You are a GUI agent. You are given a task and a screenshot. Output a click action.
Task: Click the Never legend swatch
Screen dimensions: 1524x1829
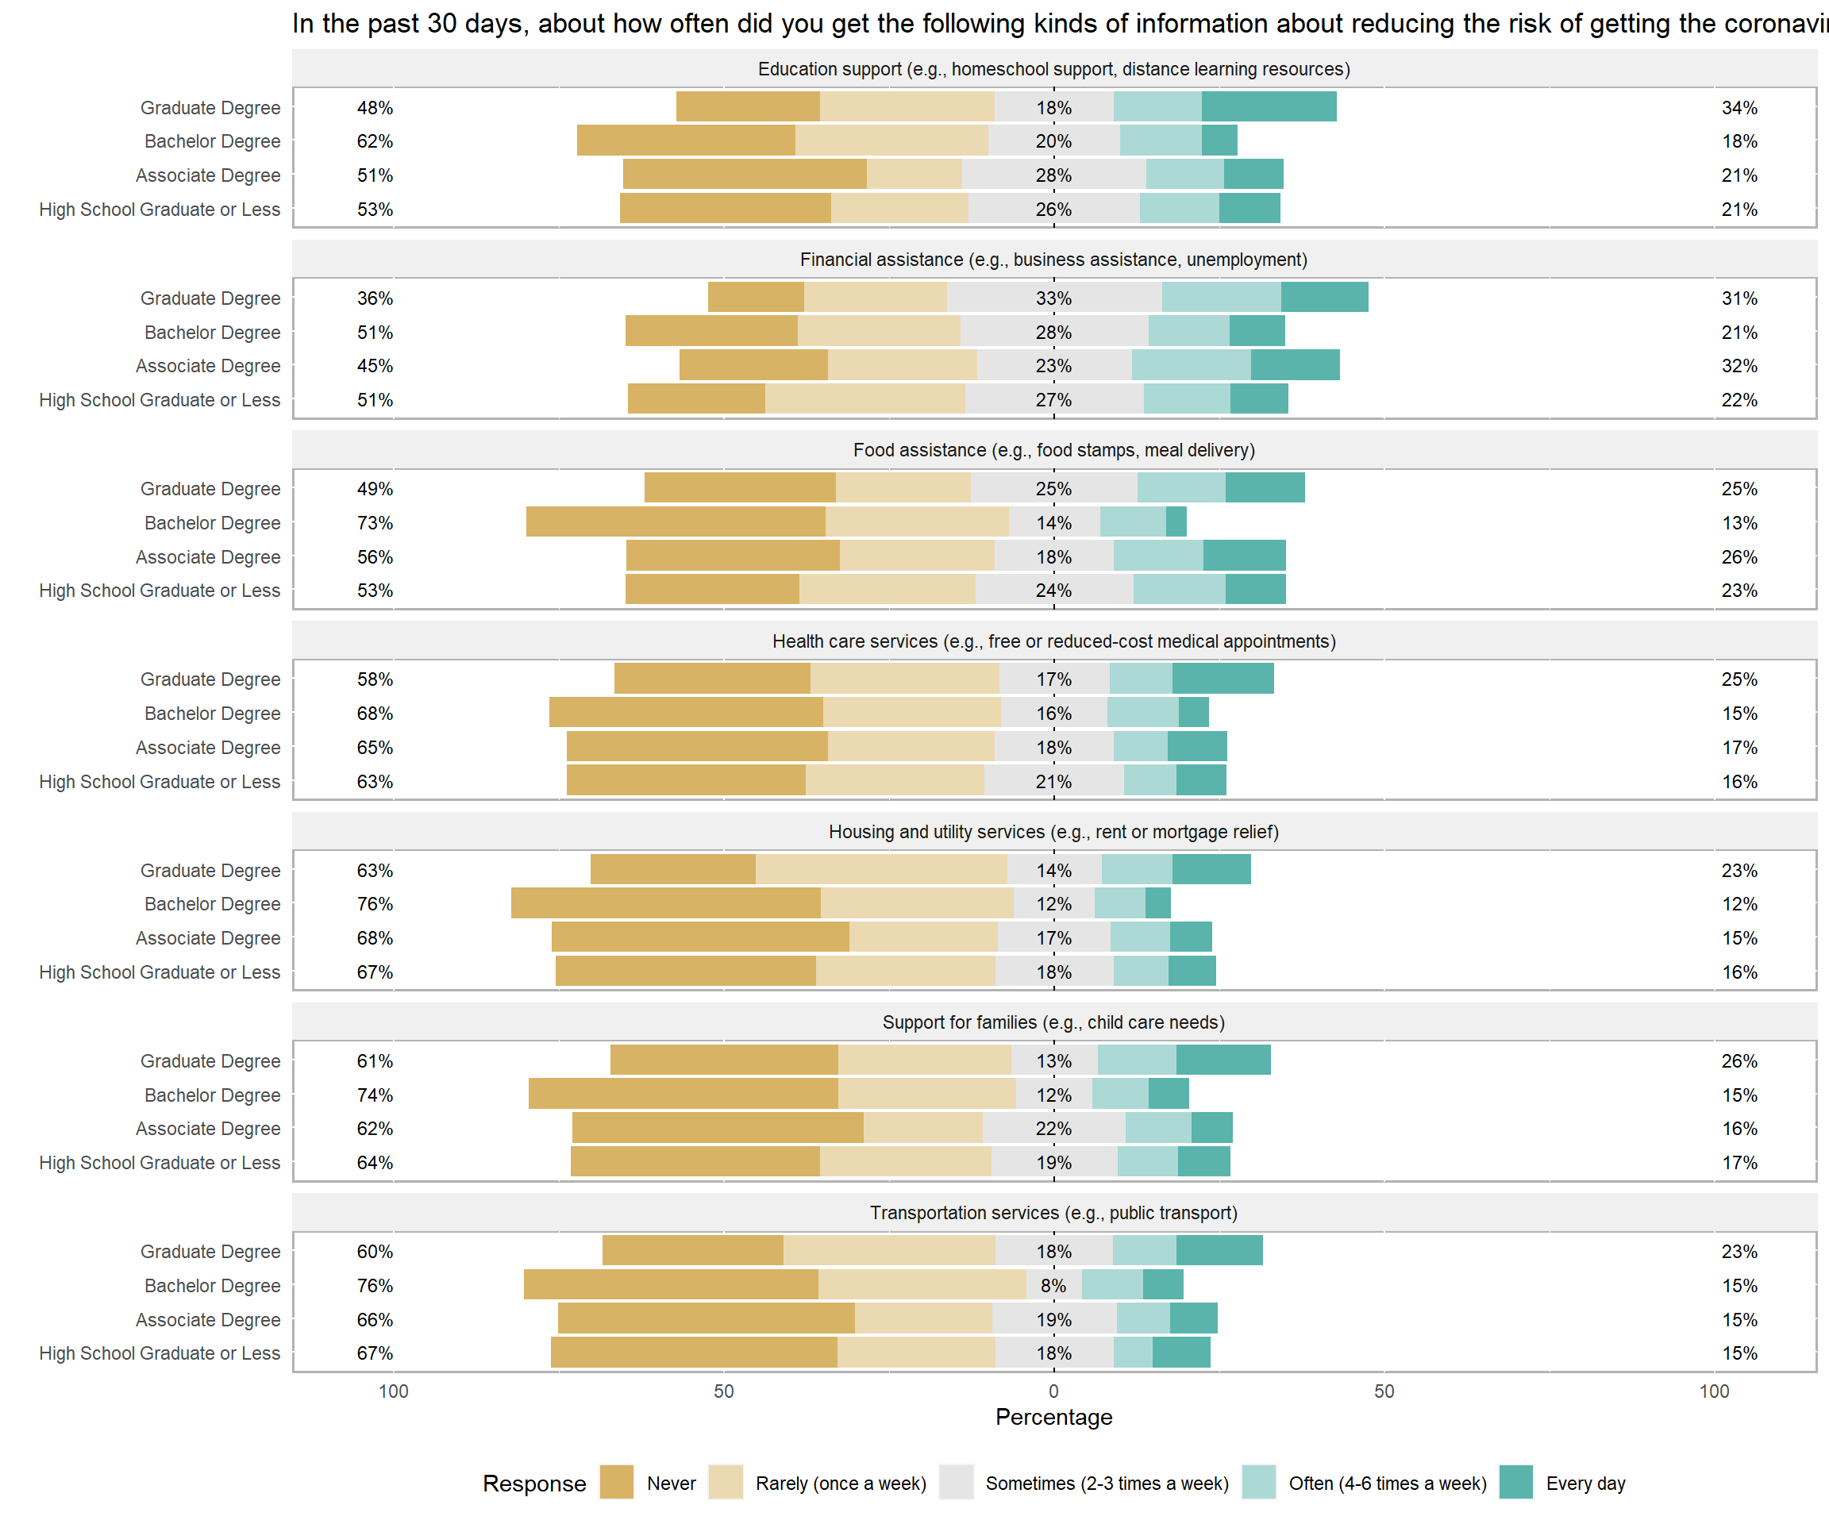(617, 1482)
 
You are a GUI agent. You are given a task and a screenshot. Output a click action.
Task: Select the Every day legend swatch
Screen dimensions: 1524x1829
(1516, 1482)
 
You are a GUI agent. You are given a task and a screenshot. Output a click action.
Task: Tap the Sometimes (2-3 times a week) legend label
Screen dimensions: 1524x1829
(1107, 1483)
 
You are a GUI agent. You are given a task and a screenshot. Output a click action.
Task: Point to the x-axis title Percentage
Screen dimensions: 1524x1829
(1054, 1417)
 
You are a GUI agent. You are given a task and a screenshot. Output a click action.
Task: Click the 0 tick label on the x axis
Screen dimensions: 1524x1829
(1054, 1391)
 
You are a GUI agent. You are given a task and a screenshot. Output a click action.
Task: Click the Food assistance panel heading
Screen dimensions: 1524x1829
(1054, 450)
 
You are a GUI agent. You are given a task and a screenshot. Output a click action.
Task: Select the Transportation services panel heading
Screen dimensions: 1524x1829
(1054, 1213)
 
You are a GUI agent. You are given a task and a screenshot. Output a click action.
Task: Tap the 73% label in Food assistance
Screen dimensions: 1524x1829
(375, 522)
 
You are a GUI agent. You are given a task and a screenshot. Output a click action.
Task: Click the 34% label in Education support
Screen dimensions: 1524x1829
(1739, 108)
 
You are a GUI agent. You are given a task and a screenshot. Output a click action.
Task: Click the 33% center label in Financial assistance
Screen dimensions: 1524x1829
(1054, 298)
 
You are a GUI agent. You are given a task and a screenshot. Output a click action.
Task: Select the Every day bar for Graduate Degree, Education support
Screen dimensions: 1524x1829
(1269, 106)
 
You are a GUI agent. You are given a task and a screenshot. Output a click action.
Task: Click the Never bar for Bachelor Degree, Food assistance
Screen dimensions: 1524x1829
(676, 521)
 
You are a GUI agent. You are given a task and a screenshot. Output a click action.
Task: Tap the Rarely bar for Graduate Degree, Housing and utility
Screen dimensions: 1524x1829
(881, 869)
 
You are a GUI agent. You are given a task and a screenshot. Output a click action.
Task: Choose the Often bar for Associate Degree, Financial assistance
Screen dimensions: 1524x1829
(1192, 365)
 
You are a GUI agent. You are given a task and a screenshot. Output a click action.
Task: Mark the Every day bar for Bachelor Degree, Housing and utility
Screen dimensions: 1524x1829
(1157, 903)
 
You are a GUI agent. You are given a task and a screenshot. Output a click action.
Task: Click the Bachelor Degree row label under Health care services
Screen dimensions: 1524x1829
(213, 714)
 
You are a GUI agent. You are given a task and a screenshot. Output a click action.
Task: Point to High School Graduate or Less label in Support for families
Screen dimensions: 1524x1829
(160, 1163)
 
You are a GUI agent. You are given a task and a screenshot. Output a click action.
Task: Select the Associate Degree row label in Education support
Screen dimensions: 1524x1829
(208, 175)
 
